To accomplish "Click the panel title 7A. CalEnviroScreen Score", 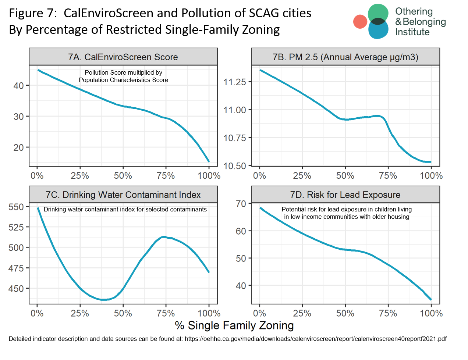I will point(123,57).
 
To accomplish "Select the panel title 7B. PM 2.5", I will point(345,57).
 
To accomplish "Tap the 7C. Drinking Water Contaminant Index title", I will point(123,195).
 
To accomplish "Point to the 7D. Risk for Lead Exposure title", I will point(345,195).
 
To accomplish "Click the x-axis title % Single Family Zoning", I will point(234,325).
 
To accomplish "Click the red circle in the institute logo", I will point(360,22).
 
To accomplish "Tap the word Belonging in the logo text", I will point(424,22).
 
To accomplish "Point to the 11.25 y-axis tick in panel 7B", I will point(235,82).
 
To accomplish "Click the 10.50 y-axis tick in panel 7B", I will point(235,166).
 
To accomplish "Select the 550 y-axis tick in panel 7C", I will point(16,207).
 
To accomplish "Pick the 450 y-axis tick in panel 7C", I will point(16,289).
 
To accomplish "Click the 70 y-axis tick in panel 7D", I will point(241,204).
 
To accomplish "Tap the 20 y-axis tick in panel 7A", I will point(19,147).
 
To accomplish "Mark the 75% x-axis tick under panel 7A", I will point(166,176).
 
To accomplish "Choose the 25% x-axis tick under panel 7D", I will point(302,314).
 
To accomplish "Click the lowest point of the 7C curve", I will point(104,300).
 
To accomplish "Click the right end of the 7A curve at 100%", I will point(209,161).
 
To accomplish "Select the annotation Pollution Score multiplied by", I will point(123,72).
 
